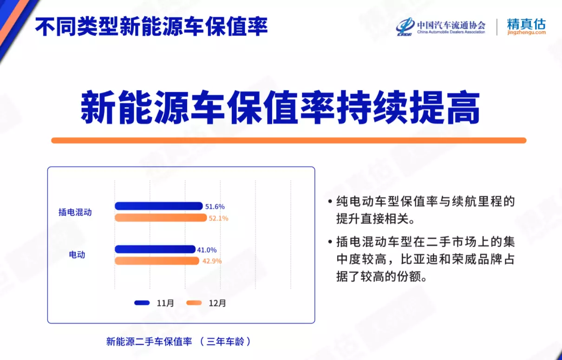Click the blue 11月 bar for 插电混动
point(158,206)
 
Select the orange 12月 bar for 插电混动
point(161,217)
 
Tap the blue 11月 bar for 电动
point(155,249)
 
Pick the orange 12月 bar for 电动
point(157,261)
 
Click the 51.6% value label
point(215,206)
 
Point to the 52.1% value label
point(218,218)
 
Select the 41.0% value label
point(207,250)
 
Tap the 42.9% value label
point(212,261)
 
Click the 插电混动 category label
point(75,212)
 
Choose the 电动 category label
point(77,255)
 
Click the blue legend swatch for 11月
point(142,303)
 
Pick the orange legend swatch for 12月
point(194,303)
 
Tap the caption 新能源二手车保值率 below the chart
point(149,341)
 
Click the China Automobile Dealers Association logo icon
point(405,26)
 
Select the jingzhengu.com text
point(526,33)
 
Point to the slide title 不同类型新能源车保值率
point(151,26)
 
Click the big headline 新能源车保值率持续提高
point(280,107)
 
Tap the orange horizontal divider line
point(289,140)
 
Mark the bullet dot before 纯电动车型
point(330,202)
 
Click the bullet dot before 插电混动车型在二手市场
point(330,242)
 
